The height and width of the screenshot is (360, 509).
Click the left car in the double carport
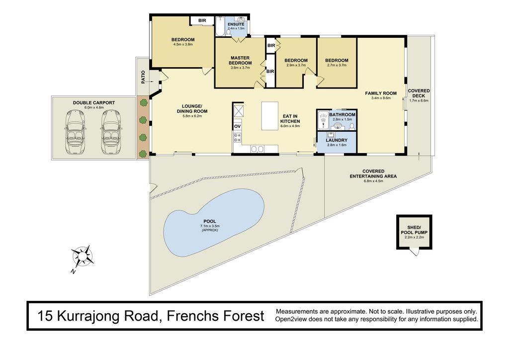76,132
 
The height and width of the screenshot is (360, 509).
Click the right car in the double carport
111,132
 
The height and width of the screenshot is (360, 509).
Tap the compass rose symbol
83,256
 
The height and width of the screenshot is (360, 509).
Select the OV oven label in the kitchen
237,126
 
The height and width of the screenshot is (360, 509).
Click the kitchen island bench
270,116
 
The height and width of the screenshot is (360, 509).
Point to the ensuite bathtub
220,26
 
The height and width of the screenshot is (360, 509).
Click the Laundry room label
337,140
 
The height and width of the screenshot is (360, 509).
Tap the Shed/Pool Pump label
414,230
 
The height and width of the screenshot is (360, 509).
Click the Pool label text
210,221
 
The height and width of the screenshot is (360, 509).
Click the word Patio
143,77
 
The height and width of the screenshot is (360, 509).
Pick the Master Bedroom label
240,60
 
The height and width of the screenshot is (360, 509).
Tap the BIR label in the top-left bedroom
202,20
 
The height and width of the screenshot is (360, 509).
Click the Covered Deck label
419,93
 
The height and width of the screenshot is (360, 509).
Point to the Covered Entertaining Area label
373,174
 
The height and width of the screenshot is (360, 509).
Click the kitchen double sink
257,149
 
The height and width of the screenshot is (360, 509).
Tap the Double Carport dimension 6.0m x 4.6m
94,107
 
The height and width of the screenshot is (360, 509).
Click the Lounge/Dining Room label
192,108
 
